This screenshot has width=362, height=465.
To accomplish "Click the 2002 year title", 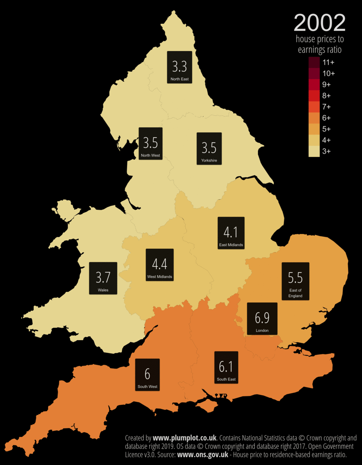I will (x=319, y=23).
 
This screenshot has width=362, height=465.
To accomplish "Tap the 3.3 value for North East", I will (x=179, y=66).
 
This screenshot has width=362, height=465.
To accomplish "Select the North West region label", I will (x=150, y=155).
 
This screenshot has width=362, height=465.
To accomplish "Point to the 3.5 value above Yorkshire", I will (x=209, y=148).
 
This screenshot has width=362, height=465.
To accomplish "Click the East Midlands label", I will (x=231, y=245).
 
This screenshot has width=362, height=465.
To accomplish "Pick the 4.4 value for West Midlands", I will (x=159, y=264).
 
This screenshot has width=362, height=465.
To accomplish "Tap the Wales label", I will (x=103, y=290).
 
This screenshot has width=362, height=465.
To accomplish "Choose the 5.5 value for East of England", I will (x=295, y=278).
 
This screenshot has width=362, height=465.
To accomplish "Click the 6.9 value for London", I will (x=262, y=318).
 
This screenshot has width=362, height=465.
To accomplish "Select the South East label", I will (x=226, y=379).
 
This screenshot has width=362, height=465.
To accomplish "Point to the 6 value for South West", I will (x=147, y=374).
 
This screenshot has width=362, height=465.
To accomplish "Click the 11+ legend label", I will (x=328, y=62).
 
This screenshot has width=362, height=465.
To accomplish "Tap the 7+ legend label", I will (x=326, y=107).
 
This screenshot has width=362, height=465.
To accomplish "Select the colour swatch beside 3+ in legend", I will (x=314, y=151).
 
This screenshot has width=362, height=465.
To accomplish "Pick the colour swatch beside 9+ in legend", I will (x=314, y=84).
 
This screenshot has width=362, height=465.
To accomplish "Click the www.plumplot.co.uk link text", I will (x=184, y=438).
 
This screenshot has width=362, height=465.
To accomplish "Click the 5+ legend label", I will (x=326, y=129).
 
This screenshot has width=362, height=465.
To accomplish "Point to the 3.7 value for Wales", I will (x=103, y=277).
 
